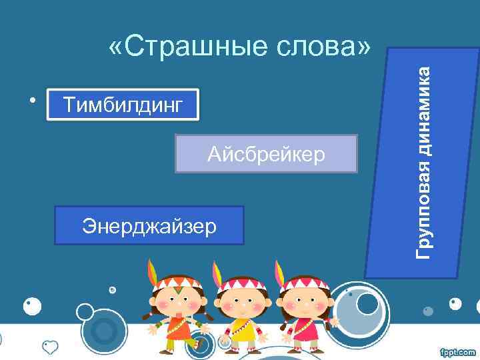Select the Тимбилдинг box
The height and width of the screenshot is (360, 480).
point(123,105)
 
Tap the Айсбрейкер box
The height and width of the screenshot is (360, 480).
point(266,154)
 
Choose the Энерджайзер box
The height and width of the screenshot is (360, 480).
point(149,226)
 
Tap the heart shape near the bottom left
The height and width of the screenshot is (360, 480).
point(51,347)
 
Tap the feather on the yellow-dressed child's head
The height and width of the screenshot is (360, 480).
point(216,271)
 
